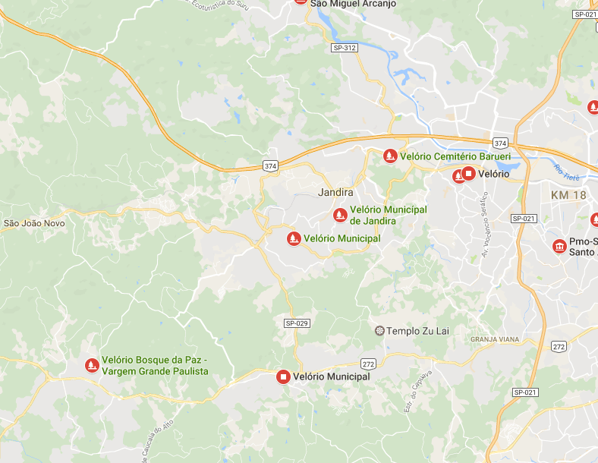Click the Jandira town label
(336, 193)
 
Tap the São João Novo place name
(34, 223)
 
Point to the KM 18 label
(569, 195)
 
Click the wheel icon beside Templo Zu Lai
(379, 331)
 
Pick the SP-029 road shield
(297, 323)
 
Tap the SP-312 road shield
(344, 48)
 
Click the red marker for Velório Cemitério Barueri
(390, 156)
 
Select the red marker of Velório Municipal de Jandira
(341, 215)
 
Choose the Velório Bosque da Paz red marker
(92, 365)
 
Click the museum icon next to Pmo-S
(559, 247)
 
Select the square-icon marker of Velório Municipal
(284, 376)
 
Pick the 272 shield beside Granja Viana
(559, 346)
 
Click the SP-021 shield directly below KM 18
(524, 219)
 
